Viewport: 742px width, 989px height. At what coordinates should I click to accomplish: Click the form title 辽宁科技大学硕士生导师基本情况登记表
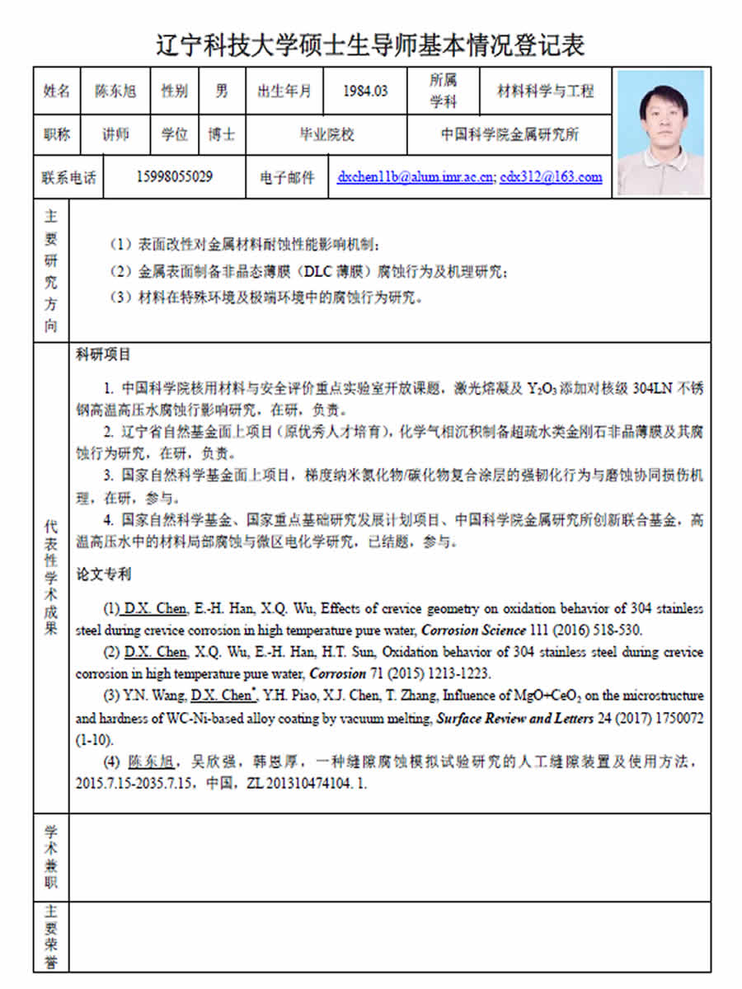pos(370,44)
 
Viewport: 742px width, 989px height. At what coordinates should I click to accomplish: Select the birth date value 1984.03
pos(365,91)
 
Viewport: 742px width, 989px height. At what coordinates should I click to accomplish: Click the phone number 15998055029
pos(174,176)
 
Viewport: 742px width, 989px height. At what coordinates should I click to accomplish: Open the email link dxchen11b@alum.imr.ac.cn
pos(415,176)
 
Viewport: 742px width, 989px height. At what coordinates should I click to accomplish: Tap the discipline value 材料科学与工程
pos(545,91)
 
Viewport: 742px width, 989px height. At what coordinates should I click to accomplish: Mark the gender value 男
pos(222,91)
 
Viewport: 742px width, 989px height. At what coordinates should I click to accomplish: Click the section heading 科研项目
pos(103,355)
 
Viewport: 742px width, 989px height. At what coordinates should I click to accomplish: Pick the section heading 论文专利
pos(103,574)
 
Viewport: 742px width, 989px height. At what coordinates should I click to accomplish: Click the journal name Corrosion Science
pos(473,630)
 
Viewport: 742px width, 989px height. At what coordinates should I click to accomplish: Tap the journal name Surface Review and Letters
pos(514,719)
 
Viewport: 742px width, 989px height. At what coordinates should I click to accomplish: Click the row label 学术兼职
pos(51,857)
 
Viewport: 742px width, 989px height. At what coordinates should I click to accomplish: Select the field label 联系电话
pos(68,177)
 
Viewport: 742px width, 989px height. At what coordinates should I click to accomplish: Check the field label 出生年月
pos(284,91)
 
